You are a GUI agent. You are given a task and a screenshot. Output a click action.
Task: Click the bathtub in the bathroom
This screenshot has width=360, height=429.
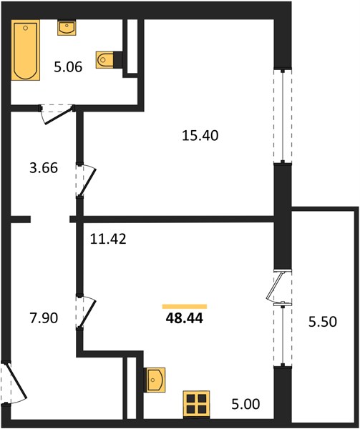[x=26, y=50]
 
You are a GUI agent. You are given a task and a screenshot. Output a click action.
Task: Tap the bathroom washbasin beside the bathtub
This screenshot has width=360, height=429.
[x=67, y=28]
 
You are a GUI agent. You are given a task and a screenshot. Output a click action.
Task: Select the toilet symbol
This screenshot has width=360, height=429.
[x=104, y=59]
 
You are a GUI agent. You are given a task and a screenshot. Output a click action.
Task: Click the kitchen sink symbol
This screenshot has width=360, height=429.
[x=155, y=380]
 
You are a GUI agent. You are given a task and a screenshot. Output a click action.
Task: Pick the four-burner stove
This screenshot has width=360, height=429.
[x=197, y=405]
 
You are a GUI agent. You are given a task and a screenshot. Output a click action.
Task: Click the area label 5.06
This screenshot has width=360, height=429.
[x=68, y=66]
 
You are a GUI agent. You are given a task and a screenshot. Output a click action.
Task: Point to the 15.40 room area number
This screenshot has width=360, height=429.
[x=200, y=135]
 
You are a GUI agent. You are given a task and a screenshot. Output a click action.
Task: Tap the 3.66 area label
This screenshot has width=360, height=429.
[x=44, y=168]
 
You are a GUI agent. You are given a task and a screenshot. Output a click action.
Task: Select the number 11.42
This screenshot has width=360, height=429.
[x=108, y=239]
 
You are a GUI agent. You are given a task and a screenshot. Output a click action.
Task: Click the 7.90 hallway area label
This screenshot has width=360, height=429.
[x=44, y=318]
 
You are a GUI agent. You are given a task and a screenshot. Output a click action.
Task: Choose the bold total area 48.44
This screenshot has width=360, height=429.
[x=184, y=318]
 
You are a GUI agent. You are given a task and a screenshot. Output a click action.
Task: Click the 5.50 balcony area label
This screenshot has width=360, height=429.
[x=323, y=322]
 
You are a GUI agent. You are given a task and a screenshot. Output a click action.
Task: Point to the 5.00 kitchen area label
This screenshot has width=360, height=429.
[x=245, y=404]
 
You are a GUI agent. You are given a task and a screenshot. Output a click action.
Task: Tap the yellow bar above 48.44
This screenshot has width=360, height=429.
[x=185, y=307]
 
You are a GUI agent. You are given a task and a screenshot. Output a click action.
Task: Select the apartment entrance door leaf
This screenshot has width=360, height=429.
[x=16, y=380]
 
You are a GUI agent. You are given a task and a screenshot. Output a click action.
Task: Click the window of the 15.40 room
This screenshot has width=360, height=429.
[x=283, y=116]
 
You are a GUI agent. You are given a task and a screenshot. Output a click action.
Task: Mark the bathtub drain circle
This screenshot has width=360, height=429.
[x=26, y=28]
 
